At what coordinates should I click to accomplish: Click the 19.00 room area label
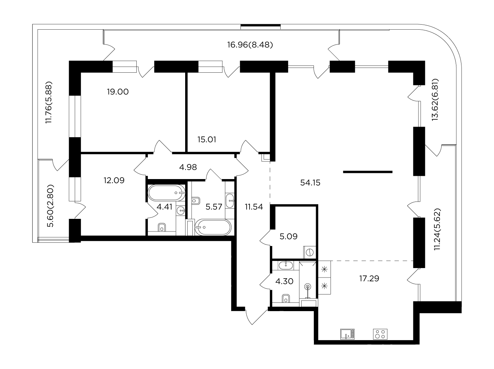(x=118, y=92)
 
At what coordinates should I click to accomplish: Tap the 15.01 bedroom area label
(x=207, y=140)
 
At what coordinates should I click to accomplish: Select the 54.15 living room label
(x=310, y=183)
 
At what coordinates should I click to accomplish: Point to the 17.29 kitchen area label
(x=369, y=279)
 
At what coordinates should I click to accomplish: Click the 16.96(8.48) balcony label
(x=250, y=45)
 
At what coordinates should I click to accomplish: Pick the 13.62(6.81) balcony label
(x=435, y=100)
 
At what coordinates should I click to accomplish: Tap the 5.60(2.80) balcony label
(x=50, y=206)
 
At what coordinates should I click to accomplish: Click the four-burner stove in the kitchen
(x=380, y=334)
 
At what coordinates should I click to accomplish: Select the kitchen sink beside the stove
(x=348, y=334)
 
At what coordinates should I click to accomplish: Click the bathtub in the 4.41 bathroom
(x=166, y=193)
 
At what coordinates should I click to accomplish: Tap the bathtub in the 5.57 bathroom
(x=213, y=227)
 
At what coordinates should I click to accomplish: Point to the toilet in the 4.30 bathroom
(x=286, y=298)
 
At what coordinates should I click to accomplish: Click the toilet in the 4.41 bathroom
(x=162, y=227)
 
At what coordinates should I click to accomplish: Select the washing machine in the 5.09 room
(x=310, y=252)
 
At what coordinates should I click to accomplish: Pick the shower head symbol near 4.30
(x=307, y=287)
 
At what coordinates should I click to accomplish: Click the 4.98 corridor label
(x=188, y=167)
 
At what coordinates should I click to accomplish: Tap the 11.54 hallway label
(x=254, y=207)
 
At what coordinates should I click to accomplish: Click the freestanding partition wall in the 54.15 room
(x=368, y=172)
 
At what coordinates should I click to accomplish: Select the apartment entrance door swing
(x=256, y=317)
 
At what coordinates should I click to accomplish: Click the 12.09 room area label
(x=114, y=180)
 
